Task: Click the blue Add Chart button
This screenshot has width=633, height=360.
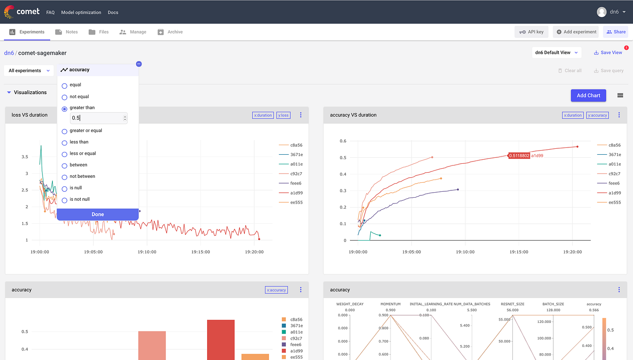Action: click(588, 95)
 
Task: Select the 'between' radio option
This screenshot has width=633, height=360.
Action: click(65, 165)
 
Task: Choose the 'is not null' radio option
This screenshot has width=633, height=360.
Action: click(65, 199)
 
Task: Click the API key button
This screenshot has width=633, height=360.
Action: click(532, 32)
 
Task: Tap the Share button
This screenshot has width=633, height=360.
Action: click(616, 32)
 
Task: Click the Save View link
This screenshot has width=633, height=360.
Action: click(608, 52)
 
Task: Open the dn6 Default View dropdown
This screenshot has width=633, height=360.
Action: click(556, 52)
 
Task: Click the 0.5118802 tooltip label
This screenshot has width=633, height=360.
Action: click(519, 156)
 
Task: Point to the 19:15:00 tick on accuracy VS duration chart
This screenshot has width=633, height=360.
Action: click(519, 252)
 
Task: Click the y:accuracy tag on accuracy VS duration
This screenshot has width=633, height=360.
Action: click(597, 115)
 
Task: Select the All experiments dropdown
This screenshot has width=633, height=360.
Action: click(29, 71)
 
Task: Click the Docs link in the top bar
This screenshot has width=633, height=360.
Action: click(113, 12)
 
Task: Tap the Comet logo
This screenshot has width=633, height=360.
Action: click(22, 12)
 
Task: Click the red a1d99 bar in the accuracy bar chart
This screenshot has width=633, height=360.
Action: click(221, 339)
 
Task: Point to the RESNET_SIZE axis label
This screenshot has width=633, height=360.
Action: click(512, 304)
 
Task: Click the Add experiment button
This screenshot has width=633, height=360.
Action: click(576, 32)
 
